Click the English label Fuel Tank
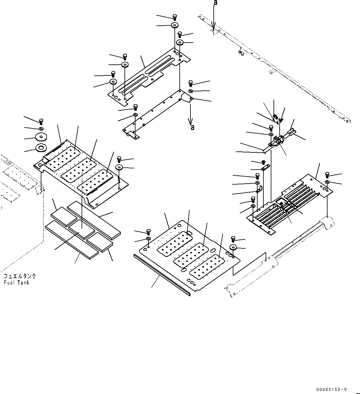tap(16, 283)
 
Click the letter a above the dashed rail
tap(216, 3)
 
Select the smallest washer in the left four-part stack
tap(41, 128)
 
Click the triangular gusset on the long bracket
tap(186, 98)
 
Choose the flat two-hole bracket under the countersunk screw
tap(265, 168)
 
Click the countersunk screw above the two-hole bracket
tap(263, 162)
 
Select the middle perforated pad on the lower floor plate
tap(192, 254)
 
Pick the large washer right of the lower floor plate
tap(233, 248)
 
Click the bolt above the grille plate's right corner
tap(327, 175)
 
